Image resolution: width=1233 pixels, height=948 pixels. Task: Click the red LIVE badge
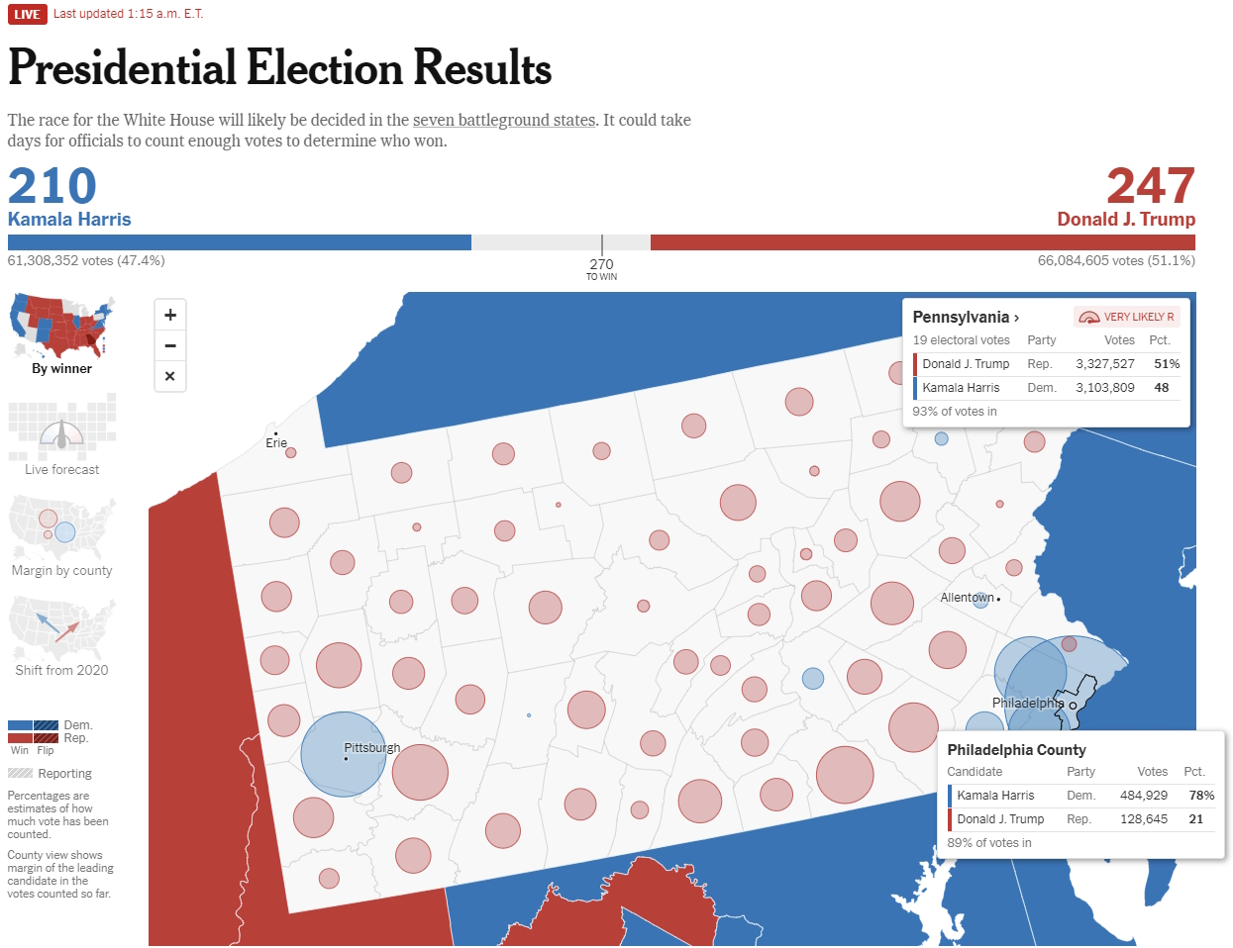(27, 14)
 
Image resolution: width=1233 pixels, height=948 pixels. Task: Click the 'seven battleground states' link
(504, 120)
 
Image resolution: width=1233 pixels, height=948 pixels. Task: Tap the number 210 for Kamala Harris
(52, 186)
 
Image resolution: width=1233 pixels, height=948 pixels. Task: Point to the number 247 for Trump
(1150, 186)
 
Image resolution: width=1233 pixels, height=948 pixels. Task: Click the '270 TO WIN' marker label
(601, 269)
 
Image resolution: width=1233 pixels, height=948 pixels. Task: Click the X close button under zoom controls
(170, 376)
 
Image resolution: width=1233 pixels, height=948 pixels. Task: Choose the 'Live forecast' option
(61, 435)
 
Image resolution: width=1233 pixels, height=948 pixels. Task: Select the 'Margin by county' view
(61, 534)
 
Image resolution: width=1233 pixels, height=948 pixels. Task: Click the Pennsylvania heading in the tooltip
(961, 317)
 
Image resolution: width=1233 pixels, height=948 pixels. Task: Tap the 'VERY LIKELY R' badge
(1127, 317)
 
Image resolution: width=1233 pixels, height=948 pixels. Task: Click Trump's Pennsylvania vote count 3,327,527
(1105, 364)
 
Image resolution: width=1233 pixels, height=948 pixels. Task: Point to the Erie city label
(276, 443)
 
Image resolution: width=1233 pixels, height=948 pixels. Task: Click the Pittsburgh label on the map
(372, 748)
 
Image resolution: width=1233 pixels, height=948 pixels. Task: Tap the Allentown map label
(967, 598)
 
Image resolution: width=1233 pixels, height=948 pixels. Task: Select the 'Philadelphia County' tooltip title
(1016, 750)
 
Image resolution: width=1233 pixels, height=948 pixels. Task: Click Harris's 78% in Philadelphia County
(1201, 796)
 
